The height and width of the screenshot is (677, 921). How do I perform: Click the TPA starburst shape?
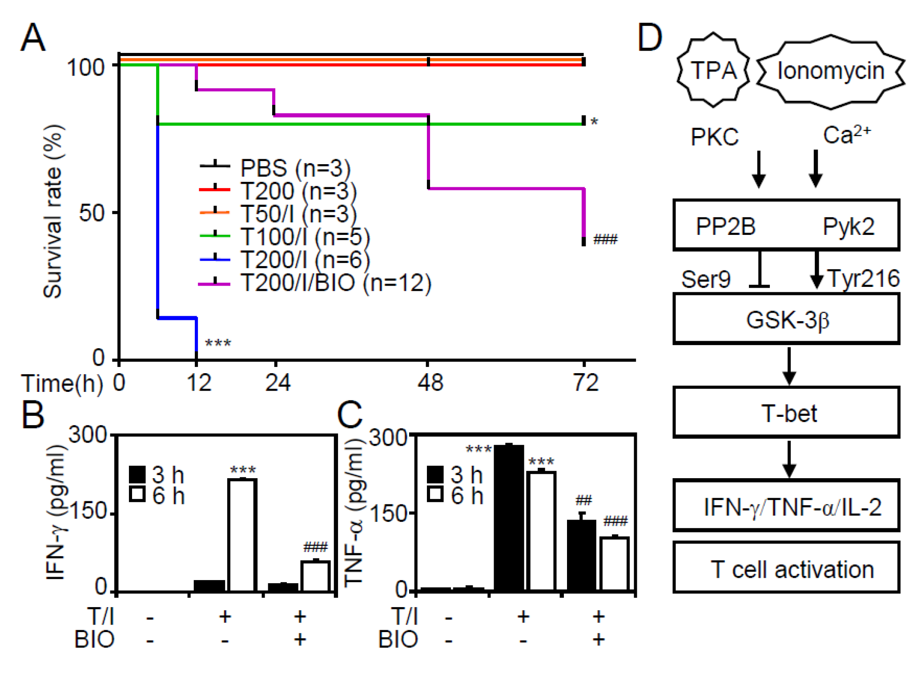[713, 70]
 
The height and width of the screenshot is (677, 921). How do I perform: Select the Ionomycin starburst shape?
[830, 71]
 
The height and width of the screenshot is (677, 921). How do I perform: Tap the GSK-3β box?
[786, 319]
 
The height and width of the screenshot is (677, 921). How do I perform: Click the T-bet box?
[786, 412]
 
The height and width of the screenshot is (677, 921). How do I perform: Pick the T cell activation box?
[786, 568]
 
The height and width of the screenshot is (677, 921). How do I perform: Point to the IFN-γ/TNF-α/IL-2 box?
[786, 506]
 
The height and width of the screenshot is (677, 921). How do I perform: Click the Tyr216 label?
[863, 279]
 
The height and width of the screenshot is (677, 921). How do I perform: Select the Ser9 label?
[706, 279]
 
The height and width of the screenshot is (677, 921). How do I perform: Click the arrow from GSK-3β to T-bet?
[789, 365]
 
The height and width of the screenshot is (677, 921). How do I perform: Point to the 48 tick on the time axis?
[430, 383]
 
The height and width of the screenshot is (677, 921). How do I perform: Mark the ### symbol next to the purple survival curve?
[605, 240]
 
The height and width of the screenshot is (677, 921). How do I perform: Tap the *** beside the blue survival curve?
[218, 343]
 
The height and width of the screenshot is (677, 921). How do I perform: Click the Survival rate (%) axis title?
[53, 212]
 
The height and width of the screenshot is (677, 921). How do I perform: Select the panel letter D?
[650, 38]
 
